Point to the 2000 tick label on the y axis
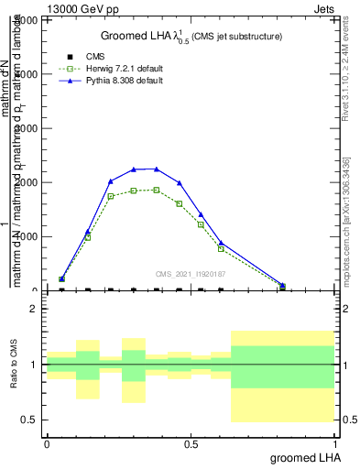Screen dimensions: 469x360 point(27,182)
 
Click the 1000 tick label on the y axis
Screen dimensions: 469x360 point(27,236)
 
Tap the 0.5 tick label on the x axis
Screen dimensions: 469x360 point(191,444)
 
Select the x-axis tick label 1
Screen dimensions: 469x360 point(336,444)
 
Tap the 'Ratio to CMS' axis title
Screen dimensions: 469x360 point(14,365)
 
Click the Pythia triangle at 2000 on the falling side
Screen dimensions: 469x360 point(180,182)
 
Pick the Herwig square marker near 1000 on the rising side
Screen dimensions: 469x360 point(88,237)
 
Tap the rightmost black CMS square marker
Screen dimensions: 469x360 point(282,290)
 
